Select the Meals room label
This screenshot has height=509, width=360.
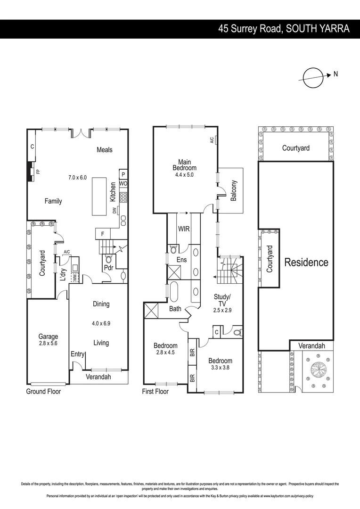(105, 150)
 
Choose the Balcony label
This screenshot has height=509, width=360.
(234, 191)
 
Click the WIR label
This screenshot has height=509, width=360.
(184, 229)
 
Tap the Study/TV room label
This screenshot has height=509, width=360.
(222, 300)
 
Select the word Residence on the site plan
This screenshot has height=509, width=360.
(306, 263)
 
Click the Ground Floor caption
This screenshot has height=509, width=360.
(43, 391)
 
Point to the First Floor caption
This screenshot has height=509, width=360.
(155, 391)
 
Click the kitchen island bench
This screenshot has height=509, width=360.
(99, 197)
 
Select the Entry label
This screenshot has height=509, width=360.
(77, 354)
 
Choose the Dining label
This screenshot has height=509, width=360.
(101, 304)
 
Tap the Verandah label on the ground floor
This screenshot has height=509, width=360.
(98, 377)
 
